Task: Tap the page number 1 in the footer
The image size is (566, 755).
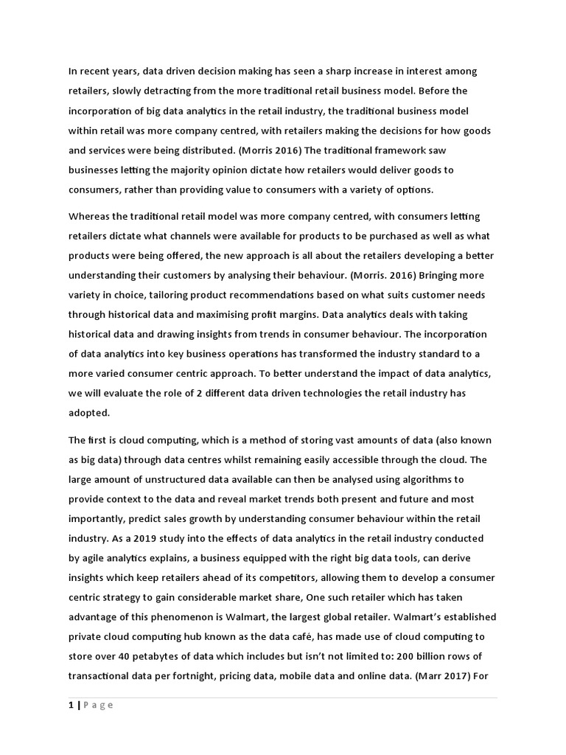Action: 71,705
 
